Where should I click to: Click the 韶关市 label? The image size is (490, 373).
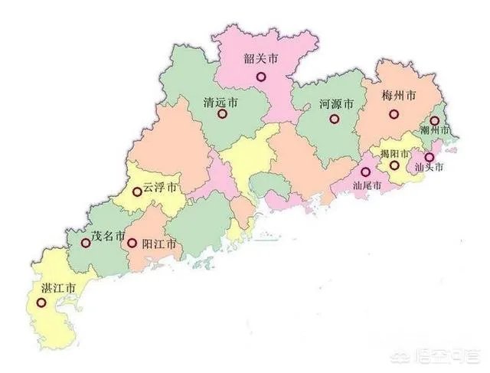click(260, 58)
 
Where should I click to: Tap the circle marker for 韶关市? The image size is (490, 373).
click(260, 77)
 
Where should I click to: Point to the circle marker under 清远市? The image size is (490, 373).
click(222, 115)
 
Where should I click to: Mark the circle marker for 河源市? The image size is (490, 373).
click(333, 119)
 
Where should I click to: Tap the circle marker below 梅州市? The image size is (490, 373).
click(394, 114)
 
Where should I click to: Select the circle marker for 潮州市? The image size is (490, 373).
click(435, 120)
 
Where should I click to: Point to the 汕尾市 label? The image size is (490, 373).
click(367, 184)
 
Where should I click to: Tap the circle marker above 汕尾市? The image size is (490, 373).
click(366, 172)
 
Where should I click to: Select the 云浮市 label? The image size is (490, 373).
click(161, 188)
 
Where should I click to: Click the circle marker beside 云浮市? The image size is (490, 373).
click(137, 191)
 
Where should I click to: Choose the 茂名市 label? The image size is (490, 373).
click(109, 237)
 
